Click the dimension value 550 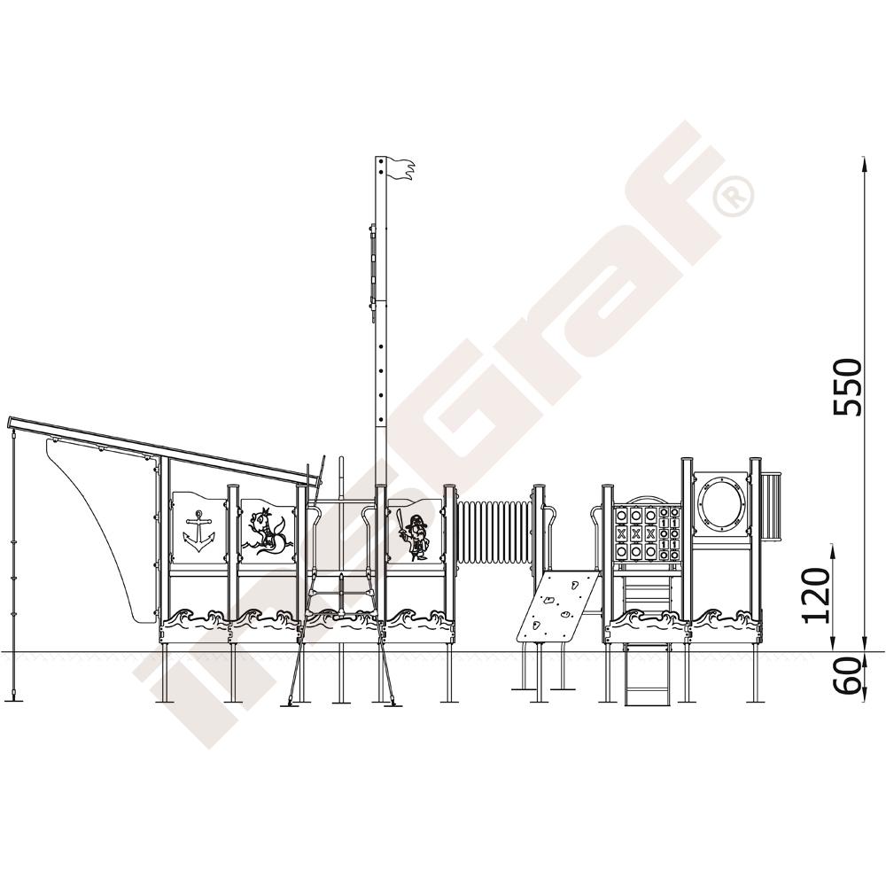(x=848, y=387)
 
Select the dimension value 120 (x=817, y=595)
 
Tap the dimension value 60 (x=848, y=676)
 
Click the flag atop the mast (x=400, y=169)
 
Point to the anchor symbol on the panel (x=198, y=531)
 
